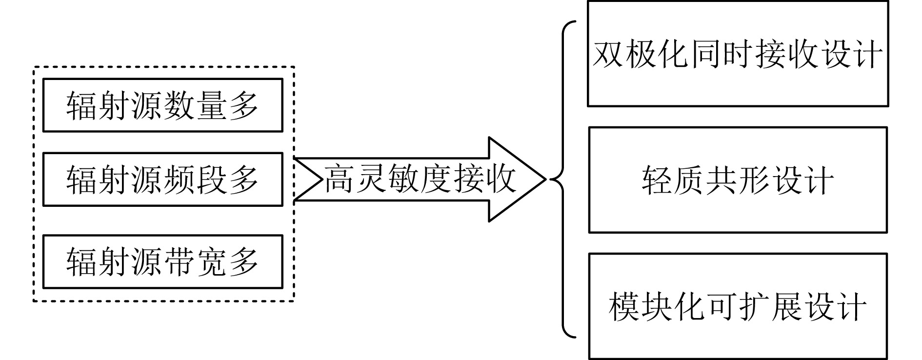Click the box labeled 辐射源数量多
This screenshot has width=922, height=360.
[x=162, y=105]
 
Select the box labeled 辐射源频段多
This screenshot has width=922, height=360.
[x=162, y=180]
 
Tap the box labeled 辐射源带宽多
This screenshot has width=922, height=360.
[x=162, y=261]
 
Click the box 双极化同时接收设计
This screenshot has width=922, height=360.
[x=738, y=54]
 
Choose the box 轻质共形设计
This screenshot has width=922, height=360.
[x=738, y=180]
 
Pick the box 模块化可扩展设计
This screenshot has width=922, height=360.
[x=738, y=306]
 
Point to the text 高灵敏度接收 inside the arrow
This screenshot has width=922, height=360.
[x=420, y=180]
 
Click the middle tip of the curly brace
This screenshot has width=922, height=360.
[x=553, y=180]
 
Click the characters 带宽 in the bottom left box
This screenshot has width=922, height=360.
[x=195, y=262]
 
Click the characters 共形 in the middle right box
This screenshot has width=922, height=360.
[x=738, y=180]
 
